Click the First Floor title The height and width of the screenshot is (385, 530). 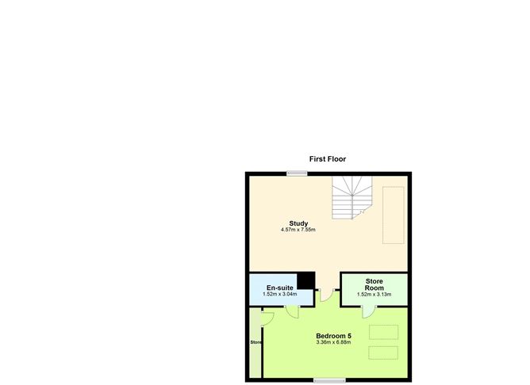[x=328, y=159]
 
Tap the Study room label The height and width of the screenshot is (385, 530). [x=298, y=223]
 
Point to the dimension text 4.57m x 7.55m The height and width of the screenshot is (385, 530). [x=298, y=230]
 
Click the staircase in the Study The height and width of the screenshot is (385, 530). [x=351, y=198]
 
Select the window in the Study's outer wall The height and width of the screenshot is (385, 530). [x=297, y=173]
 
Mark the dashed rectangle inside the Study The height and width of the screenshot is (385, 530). [x=394, y=215]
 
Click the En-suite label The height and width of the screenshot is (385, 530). [x=280, y=288]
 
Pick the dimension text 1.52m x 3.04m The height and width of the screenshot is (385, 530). [x=280, y=294]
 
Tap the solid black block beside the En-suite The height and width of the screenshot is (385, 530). [x=306, y=280]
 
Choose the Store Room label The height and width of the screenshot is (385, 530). [x=374, y=284]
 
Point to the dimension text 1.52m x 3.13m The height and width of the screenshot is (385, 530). [x=374, y=295]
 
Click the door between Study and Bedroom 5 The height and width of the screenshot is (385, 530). [x=327, y=295]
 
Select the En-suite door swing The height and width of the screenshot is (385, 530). [x=293, y=312]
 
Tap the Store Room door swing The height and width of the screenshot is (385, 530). [x=369, y=312]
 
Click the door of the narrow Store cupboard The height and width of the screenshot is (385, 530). [x=267, y=319]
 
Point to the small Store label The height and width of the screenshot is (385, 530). [x=255, y=342]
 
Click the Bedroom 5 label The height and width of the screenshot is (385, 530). [x=333, y=336]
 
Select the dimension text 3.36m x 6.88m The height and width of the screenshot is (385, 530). [x=333, y=342]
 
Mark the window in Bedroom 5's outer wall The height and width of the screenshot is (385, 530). [x=329, y=380]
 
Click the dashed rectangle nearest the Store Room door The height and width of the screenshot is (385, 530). [x=384, y=332]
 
